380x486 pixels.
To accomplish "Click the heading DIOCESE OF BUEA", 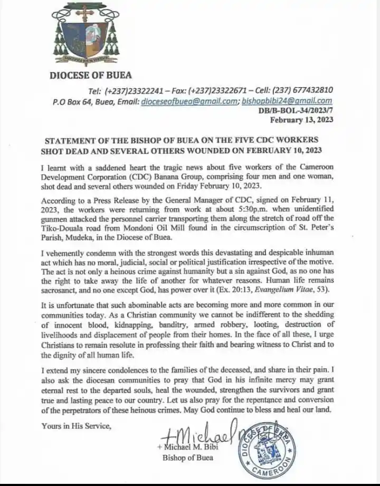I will pyautogui.click(x=91, y=75).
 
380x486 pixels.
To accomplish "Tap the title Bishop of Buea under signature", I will pyautogui.click(x=192, y=457).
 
